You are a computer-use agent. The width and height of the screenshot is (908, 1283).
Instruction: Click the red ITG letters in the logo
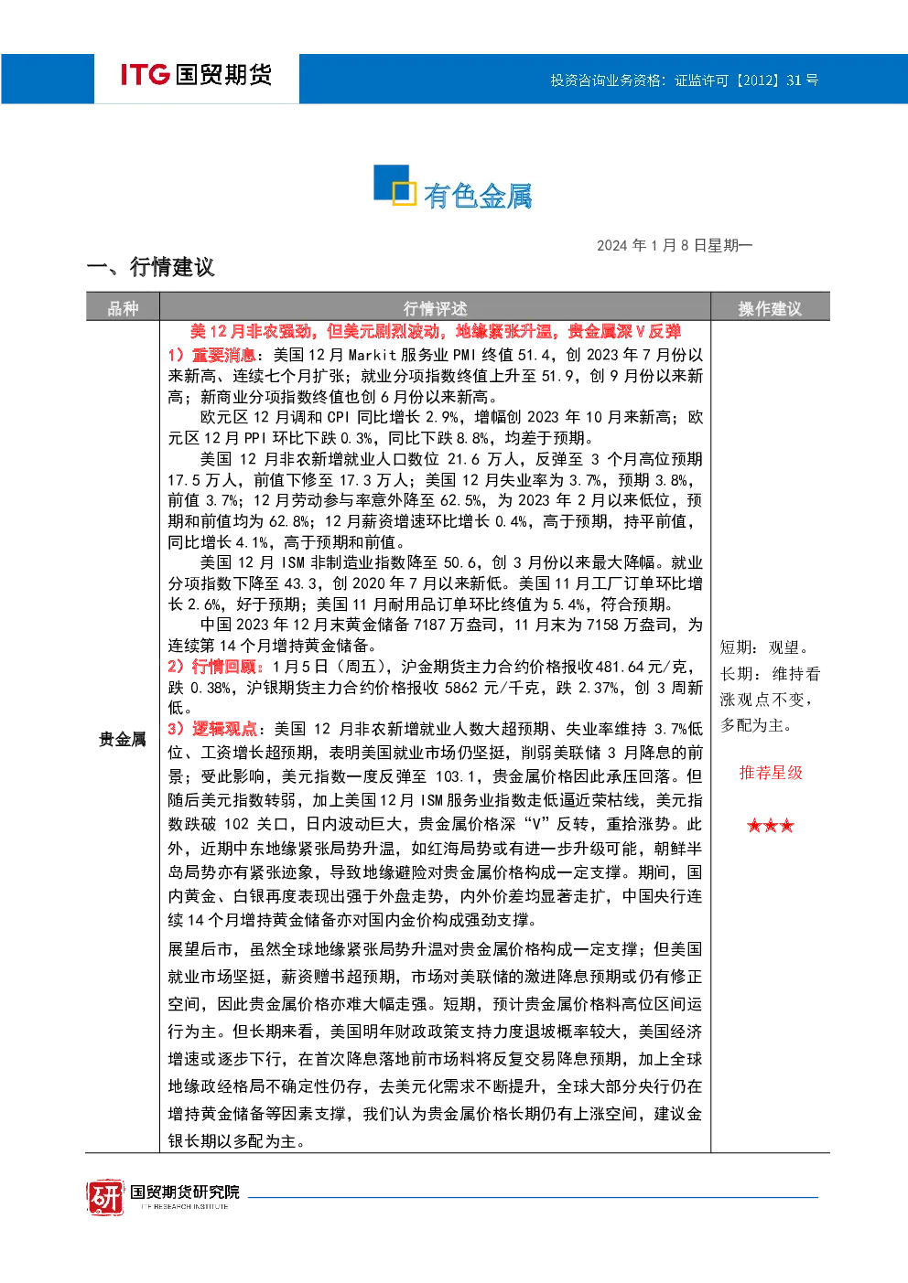[x=145, y=74]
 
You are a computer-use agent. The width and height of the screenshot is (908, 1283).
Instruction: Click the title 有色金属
[x=478, y=196]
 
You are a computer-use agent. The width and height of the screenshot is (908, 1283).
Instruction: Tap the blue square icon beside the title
[x=395, y=185]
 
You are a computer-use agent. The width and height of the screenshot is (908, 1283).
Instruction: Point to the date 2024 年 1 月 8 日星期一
[x=674, y=246]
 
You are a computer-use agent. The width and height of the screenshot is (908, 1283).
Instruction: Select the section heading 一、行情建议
[x=150, y=267]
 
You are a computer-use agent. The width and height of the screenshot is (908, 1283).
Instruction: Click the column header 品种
[x=123, y=309]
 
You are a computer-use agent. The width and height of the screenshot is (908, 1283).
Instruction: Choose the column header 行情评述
[x=435, y=309]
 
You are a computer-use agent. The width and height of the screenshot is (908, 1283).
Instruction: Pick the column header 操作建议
[x=770, y=309]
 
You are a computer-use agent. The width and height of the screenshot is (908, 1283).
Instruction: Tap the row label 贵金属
[x=122, y=740]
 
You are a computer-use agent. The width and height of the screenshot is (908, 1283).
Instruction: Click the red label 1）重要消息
[x=211, y=355]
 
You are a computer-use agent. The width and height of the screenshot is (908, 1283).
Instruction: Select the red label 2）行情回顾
[x=215, y=667]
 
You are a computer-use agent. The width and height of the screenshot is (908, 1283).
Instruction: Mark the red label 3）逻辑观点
[x=212, y=729]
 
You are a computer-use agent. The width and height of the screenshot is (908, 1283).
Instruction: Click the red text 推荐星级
[x=771, y=773]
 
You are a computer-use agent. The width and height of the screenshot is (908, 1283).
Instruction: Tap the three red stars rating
[x=771, y=826]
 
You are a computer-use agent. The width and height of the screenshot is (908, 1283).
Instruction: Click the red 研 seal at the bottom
[x=105, y=1196]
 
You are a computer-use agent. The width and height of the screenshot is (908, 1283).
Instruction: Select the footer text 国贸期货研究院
[x=185, y=1192]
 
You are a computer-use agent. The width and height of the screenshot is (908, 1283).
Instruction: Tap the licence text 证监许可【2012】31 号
[x=746, y=80]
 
